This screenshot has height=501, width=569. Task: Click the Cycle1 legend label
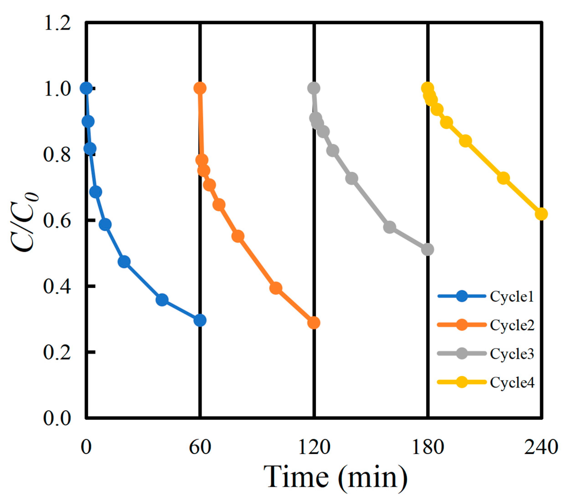coord(512,297)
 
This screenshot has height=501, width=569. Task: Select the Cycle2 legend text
coord(512,325)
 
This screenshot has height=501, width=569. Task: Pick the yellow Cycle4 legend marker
coord(461,382)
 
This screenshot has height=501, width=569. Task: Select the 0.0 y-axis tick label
coord(57,418)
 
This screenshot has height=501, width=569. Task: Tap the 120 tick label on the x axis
coord(314,447)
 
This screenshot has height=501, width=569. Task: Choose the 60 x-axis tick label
coord(200,447)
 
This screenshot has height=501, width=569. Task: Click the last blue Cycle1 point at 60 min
coord(200,320)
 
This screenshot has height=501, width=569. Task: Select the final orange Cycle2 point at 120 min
coord(314,323)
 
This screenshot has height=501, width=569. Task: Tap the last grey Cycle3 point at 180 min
coord(428,250)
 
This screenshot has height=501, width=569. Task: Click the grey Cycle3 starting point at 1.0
coord(314,88)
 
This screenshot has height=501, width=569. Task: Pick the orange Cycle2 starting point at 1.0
coord(200,88)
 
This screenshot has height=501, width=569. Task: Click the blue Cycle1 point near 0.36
coord(162,300)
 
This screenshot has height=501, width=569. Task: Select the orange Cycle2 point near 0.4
coord(276,288)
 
